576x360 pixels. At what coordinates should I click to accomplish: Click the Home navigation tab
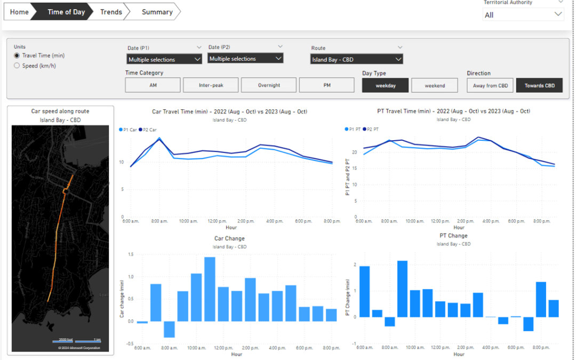pos(19,12)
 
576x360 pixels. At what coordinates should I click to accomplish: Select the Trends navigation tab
pos(111,12)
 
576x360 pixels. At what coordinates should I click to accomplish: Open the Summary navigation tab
pos(157,12)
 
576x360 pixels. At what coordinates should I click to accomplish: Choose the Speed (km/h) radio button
pos(17,66)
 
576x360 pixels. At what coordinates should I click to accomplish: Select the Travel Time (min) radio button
pos(17,55)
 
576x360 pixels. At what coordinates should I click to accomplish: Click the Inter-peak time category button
pos(211,85)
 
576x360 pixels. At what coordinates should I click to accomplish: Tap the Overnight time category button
pos(269,85)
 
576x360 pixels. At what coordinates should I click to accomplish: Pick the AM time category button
pos(153,85)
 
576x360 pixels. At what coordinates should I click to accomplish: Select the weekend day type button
pos(435,85)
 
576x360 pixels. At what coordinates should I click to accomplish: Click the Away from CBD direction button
pos(490,85)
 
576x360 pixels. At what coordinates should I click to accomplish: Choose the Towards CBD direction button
pos(539,85)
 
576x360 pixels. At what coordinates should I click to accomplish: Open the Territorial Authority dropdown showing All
pos(523,15)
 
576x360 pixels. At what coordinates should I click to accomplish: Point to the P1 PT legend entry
pos(354,129)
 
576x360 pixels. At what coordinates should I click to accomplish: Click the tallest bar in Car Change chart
pos(210,289)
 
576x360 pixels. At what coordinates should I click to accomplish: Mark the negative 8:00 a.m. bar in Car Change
pos(169,329)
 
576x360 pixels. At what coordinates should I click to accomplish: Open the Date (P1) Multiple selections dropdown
pos(164,59)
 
